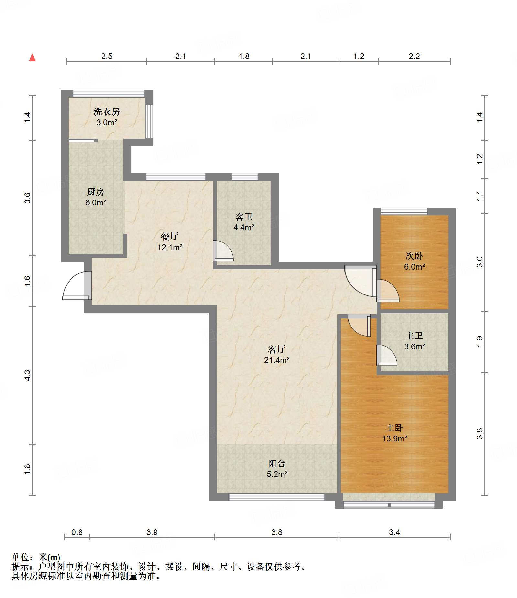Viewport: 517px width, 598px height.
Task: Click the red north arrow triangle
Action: tap(32, 58)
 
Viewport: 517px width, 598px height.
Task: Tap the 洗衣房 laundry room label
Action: tap(106, 112)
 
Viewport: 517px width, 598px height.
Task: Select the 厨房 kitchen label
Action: tap(96, 192)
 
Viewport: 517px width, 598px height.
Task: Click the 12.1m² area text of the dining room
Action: tap(170, 247)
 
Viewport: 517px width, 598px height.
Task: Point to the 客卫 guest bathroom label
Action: tap(244, 217)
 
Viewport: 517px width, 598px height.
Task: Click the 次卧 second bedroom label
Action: tap(414, 256)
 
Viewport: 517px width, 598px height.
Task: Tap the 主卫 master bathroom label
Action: tap(414, 336)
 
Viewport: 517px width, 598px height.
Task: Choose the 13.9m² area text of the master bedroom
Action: tap(394, 438)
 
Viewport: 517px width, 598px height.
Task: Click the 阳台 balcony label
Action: tap(277, 464)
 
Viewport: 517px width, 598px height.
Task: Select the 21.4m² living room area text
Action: tap(277, 360)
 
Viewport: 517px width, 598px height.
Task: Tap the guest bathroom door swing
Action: tap(223, 251)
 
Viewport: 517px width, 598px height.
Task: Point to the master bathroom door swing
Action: tap(387, 355)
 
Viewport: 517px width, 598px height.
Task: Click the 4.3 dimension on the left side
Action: tap(27, 375)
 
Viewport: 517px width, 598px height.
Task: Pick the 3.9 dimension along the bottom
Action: tap(152, 532)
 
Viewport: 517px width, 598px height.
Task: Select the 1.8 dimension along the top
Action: tap(244, 57)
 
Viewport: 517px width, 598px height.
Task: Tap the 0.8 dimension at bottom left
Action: tap(77, 532)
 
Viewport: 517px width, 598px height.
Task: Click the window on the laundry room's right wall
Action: tap(149, 121)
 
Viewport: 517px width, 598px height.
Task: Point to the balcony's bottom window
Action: tap(276, 497)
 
